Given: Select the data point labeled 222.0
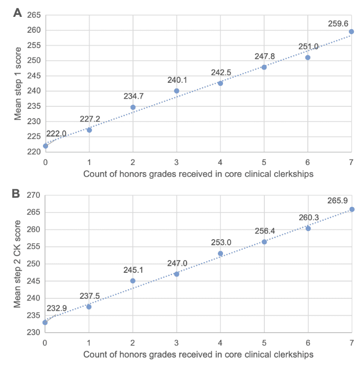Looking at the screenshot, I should tap(46, 146).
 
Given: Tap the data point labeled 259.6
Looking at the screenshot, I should tap(351, 32).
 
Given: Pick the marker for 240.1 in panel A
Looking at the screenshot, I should tap(176, 91).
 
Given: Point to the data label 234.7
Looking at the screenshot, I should tap(133, 96).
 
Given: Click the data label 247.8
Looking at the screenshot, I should tap(264, 56).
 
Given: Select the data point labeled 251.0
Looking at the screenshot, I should tap(308, 58).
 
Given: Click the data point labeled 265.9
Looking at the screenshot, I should tap(352, 209).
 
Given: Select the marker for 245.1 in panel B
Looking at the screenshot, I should tap(133, 281).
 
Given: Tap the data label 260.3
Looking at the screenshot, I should tap(308, 218).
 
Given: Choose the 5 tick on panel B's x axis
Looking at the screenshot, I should tap(264, 342).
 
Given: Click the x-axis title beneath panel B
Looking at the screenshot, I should tap(198, 354).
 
